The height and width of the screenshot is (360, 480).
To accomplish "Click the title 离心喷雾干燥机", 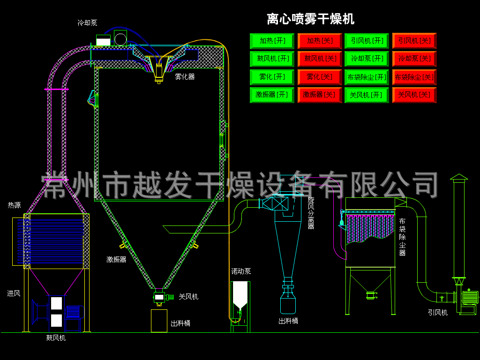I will (310, 19).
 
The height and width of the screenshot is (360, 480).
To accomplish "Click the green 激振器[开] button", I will (272, 95).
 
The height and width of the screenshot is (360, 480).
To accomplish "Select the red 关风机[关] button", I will (414, 95).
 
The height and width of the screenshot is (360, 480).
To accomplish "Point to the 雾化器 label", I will (185, 76).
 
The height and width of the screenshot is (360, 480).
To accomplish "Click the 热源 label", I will (14, 205).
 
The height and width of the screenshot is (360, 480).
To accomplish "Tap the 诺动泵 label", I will (241, 271).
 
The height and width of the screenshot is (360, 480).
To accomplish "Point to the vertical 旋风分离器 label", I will (311, 212).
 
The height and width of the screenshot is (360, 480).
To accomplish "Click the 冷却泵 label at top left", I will (87, 22).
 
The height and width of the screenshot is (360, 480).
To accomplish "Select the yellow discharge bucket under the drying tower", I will (159, 321).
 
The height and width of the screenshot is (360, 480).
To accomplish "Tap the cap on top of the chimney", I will (459, 177).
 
